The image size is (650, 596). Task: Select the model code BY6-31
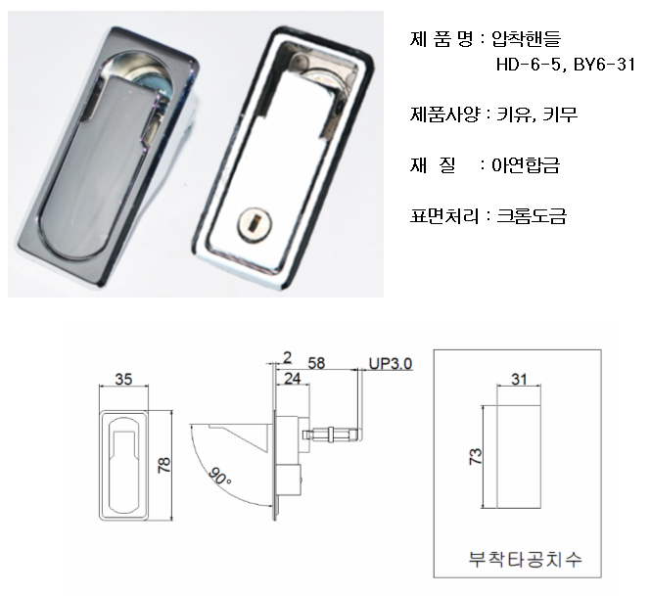coord(604,65)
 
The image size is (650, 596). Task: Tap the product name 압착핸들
coord(526,38)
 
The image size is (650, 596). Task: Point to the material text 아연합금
coord(526,165)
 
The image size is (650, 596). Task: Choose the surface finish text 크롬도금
coord(532,215)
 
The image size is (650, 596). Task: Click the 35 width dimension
coord(123,379)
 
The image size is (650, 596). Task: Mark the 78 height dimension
coord(164,465)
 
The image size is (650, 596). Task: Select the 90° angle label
coord(219,477)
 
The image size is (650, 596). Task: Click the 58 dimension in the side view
coord(316,363)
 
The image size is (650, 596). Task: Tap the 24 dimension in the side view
coord(293,379)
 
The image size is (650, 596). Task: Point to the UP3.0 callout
coord(391,363)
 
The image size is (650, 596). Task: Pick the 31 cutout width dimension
coord(519,379)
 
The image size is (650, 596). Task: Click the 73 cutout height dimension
coord(476,456)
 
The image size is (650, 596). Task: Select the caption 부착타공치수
coord(526,559)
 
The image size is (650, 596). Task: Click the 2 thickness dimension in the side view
coord(287,357)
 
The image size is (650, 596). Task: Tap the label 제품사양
coord(444,114)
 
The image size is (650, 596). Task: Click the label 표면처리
coord(444,215)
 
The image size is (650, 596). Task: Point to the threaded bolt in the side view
coord(333,435)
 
